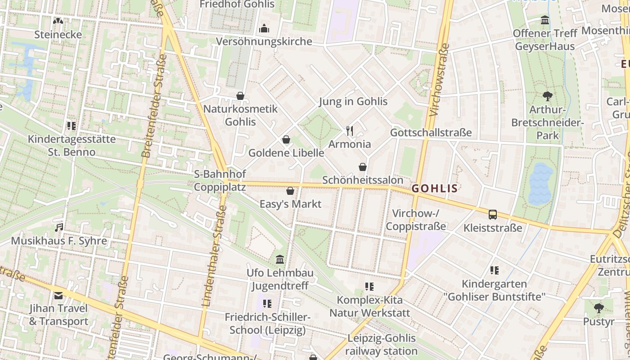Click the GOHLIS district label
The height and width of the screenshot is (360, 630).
pos(435,189)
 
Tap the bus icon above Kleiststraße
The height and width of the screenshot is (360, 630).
pos(493,215)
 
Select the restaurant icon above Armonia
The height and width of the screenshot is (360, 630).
pos(350,131)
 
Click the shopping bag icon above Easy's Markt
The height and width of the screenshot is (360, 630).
pos(290,191)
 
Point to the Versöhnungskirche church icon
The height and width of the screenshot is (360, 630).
pos(264,28)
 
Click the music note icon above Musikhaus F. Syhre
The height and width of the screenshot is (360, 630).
pos(59,228)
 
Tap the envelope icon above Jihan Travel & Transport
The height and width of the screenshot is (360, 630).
pos(58,296)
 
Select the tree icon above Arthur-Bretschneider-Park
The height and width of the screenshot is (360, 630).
pos(547,96)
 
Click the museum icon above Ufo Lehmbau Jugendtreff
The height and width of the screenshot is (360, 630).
pos(280,260)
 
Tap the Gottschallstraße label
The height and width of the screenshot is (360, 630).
pos(431,133)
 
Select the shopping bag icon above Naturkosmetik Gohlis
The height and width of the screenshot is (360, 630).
pos(240,96)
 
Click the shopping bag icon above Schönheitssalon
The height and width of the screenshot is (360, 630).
pos(362,167)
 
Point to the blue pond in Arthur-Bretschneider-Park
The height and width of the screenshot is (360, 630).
pos(540,184)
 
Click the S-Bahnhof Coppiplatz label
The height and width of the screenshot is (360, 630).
pos(220,180)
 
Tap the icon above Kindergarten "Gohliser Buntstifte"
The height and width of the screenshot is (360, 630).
pos(495,270)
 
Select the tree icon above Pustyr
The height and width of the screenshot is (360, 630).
pos(598,308)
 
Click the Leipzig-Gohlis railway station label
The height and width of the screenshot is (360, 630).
pos(382,345)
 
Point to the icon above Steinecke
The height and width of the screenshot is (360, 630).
pos(58,21)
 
